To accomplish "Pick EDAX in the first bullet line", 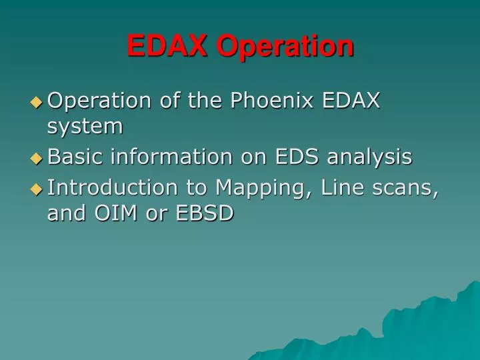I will click(x=351, y=101).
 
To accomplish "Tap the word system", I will click(x=85, y=126).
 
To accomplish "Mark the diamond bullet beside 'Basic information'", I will click(x=37, y=159).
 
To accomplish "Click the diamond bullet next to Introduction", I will click(x=37, y=190).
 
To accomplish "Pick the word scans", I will click(x=405, y=189).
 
